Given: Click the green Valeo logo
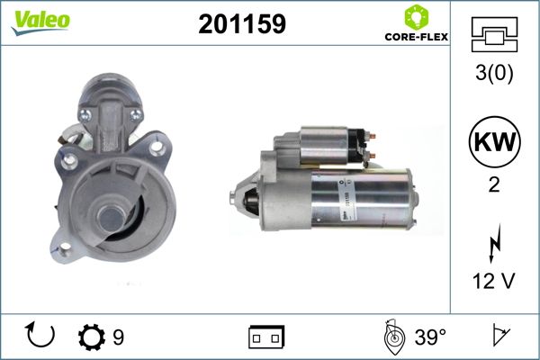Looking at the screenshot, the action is tap(40, 22).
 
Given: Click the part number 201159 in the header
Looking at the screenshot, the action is tap(242, 23).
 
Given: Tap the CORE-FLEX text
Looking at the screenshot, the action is tap(417, 37).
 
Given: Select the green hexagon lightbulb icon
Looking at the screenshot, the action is tap(417, 17).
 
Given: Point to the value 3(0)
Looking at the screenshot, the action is tap(494, 73).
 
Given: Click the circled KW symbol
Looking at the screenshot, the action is tap(494, 141).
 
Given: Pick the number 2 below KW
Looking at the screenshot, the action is tap(494, 185).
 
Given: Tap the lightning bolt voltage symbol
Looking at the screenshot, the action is tap(494, 244).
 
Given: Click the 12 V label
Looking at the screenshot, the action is tap(494, 281).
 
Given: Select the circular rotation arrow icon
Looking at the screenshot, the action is tap(40, 335).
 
